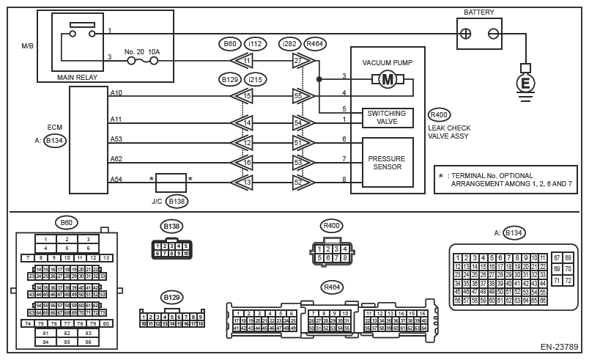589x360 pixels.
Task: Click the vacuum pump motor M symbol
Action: click(387, 81)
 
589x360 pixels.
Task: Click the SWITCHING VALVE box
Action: click(388, 117)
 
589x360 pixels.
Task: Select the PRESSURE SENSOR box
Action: click(388, 162)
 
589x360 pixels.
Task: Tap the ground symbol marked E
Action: click(524, 84)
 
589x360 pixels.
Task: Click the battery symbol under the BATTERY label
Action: click(478, 33)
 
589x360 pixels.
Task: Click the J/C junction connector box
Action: click(171, 182)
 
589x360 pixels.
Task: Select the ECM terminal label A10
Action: click(116, 93)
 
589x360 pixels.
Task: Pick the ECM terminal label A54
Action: click(116, 179)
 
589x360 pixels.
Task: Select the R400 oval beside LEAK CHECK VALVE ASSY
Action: click(440, 114)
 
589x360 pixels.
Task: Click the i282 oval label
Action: click(291, 43)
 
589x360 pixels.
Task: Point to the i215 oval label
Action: click(256, 78)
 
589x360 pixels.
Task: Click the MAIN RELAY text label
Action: click(78, 76)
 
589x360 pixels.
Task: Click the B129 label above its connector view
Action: click(172, 297)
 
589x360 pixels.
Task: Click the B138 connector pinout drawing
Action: click(171, 249)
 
